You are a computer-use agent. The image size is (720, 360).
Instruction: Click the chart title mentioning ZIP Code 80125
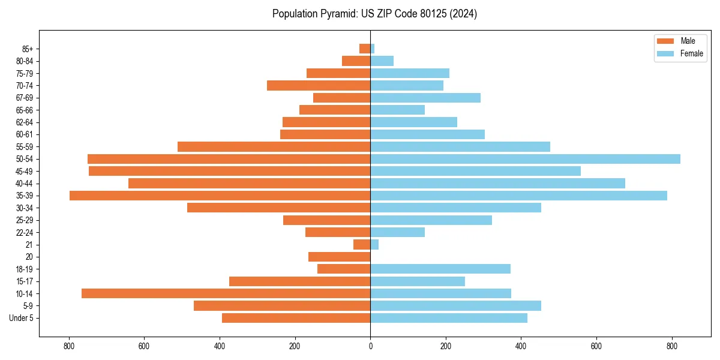[x=374, y=14]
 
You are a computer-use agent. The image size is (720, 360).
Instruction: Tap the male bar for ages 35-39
[x=220, y=196]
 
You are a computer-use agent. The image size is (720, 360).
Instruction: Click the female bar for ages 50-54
[x=525, y=159]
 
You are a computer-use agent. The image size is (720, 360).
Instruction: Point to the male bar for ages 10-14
[x=226, y=293]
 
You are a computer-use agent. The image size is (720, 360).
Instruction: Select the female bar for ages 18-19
[x=440, y=269]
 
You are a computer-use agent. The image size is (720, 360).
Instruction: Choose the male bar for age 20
[x=339, y=257]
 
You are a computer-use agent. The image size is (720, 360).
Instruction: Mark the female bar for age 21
[x=374, y=244]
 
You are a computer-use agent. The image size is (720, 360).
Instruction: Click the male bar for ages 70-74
[x=319, y=85]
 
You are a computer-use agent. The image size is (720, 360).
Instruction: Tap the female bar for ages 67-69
[x=425, y=98]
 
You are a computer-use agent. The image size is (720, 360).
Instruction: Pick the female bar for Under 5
[x=449, y=318]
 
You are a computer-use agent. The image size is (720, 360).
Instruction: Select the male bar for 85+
[x=365, y=49]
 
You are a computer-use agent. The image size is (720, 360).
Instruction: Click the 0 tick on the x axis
[x=370, y=346]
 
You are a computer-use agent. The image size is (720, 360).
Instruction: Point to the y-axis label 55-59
[x=25, y=147]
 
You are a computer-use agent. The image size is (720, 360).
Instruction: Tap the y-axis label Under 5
[x=22, y=318]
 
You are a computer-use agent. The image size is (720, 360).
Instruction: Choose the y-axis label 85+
[x=26, y=49]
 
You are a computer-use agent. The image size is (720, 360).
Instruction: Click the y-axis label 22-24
[x=25, y=232]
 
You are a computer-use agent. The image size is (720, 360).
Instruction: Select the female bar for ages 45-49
[x=475, y=171]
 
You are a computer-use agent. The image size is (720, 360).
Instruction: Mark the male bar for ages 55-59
[x=274, y=146]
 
